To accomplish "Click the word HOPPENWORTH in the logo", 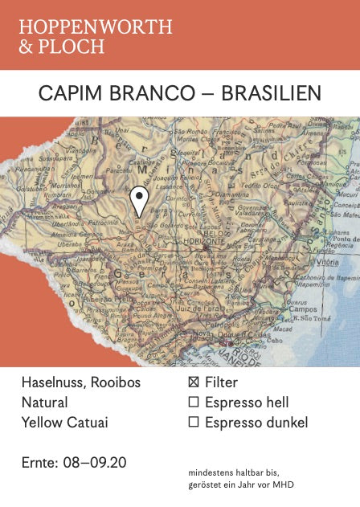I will (x=96, y=27).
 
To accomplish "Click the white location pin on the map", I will (x=140, y=199).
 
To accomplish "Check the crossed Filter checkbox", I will (x=193, y=383).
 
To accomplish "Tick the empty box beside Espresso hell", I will (x=193, y=403).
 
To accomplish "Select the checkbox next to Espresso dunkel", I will (x=193, y=423).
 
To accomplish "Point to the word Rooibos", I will (x=115, y=382).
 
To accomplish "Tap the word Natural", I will (x=44, y=403).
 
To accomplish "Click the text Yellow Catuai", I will (x=64, y=423).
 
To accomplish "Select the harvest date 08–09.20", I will (x=96, y=463).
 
